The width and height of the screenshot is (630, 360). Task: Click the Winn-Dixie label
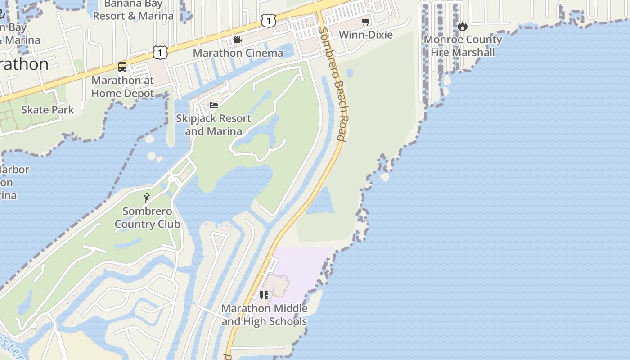pyautogui.click(x=365, y=35)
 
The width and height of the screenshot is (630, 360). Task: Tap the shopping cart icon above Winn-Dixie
pyautogui.click(x=365, y=22)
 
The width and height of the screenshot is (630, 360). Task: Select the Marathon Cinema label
pyautogui.click(x=238, y=53)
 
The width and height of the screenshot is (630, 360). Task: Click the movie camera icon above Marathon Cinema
pyautogui.click(x=238, y=40)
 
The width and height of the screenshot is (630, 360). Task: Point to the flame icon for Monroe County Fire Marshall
pyautogui.click(x=463, y=27)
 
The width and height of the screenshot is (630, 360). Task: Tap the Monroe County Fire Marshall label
pyautogui.click(x=463, y=46)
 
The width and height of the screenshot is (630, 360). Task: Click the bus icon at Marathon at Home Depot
pyautogui.click(x=122, y=67)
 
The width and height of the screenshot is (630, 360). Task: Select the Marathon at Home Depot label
pyautogui.click(x=122, y=87)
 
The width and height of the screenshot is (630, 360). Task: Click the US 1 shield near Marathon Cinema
pyautogui.click(x=160, y=52)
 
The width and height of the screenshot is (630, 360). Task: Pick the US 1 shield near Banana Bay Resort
pyautogui.click(x=268, y=20)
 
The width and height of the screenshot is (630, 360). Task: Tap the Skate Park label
pyautogui.click(x=48, y=109)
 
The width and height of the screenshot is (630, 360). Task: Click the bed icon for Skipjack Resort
pyautogui.click(x=214, y=105)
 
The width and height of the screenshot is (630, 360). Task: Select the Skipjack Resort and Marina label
pyautogui.click(x=213, y=125)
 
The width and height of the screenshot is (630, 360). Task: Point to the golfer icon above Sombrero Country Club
pyautogui.click(x=147, y=198)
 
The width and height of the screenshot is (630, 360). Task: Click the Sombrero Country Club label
pyautogui.click(x=147, y=217)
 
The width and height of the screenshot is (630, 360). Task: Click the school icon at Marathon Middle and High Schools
pyautogui.click(x=264, y=295)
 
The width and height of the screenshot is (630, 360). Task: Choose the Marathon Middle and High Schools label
pyautogui.click(x=264, y=315)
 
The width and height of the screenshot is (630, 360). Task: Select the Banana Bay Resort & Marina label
pyautogui.click(x=133, y=10)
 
